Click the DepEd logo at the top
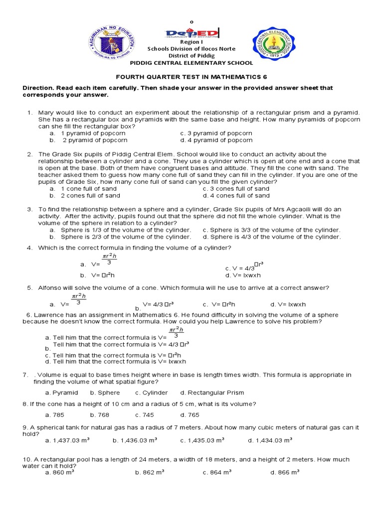[x=191, y=33]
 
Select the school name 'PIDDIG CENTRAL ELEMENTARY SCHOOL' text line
[x=191, y=63]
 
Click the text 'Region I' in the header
[x=191, y=43]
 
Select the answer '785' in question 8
[x=54, y=415]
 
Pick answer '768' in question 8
[x=99, y=415]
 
